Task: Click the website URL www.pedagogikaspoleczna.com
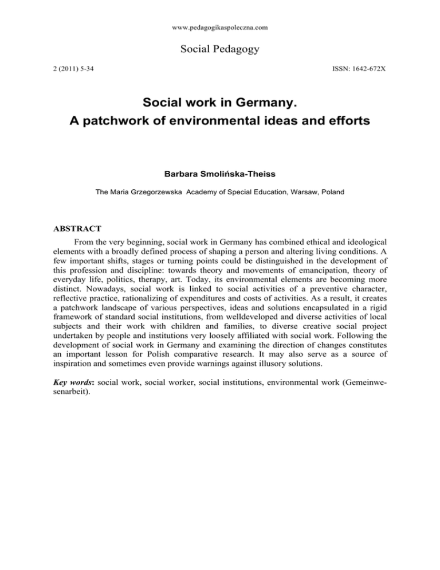(220, 27)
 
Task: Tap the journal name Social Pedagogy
(220, 50)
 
